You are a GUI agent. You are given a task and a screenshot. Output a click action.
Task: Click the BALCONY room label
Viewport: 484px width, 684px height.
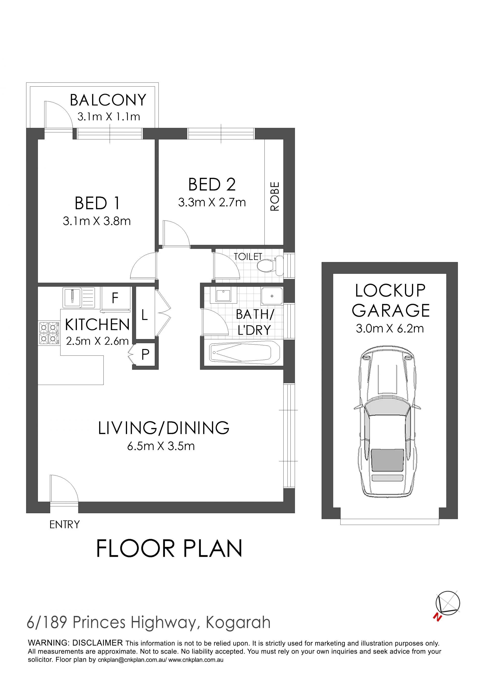coord(108,100)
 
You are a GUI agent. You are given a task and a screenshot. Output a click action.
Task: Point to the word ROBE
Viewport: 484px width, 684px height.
coord(275,196)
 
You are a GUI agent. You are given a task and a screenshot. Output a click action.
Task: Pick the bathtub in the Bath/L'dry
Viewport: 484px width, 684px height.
coord(244,353)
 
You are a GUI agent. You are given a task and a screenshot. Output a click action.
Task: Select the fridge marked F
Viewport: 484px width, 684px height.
coord(116,299)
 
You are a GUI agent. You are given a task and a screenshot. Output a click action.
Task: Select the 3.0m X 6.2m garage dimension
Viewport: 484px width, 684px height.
coord(390,328)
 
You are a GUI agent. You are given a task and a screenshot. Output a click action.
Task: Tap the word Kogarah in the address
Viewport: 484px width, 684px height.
coord(238,622)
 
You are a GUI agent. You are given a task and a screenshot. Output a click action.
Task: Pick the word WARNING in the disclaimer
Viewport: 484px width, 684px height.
coord(48,643)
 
